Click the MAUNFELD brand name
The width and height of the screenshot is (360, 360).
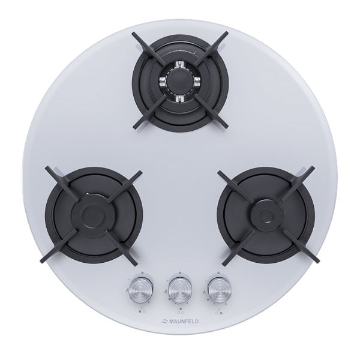[184, 322]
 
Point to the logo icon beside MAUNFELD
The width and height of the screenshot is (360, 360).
[165, 322]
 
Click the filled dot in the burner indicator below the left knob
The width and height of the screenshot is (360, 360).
[140, 311]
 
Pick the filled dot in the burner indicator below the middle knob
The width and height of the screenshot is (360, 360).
[181, 309]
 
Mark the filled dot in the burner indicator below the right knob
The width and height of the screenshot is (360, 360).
[221, 313]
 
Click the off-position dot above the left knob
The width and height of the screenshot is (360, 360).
[142, 273]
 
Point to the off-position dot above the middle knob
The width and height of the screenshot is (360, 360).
[180, 273]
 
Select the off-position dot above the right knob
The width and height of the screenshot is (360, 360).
[217, 273]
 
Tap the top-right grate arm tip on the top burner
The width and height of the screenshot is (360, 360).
[226, 34]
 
